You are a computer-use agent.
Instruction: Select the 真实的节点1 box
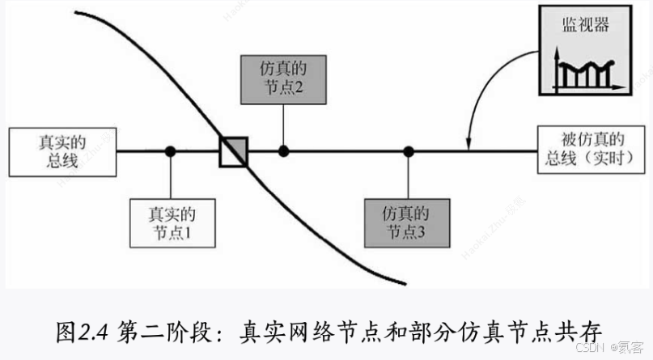click(172, 223)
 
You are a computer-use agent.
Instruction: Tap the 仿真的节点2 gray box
click(283, 78)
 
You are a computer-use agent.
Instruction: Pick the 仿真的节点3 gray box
click(409, 222)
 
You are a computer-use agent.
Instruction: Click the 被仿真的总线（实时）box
click(591, 150)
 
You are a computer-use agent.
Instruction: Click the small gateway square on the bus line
click(234, 150)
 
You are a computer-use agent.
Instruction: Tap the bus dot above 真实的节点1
click(170, 150)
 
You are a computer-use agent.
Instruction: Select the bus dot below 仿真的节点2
click(283, 150)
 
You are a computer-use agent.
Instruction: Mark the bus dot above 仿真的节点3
click(409, 150)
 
